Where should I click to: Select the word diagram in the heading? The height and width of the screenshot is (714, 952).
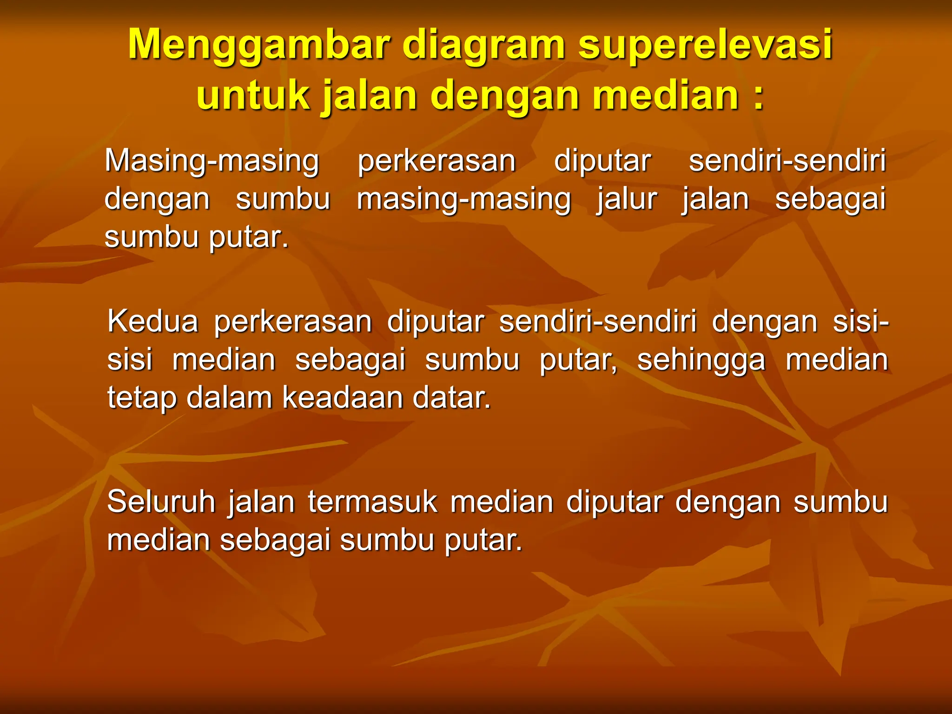click(x=483, y=46)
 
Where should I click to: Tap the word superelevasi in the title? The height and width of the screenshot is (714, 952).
click(x=705, y=46)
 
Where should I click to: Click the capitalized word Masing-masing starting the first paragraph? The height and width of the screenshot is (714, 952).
click(x=212, y=161)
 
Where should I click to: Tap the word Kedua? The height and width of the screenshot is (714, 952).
click(x=152, y=322)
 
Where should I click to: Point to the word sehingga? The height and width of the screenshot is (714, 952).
click(x=701, y=360)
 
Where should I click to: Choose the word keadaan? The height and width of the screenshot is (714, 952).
click(x=342, y=398)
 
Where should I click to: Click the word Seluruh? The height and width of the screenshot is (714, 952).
click(x=161, y=502)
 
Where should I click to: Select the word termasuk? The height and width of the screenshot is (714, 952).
click(x=372, y=502)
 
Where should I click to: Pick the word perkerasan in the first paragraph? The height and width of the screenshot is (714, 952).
click(x=436, y=161)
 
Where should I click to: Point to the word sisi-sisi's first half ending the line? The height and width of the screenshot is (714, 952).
click(x=860, y=322)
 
